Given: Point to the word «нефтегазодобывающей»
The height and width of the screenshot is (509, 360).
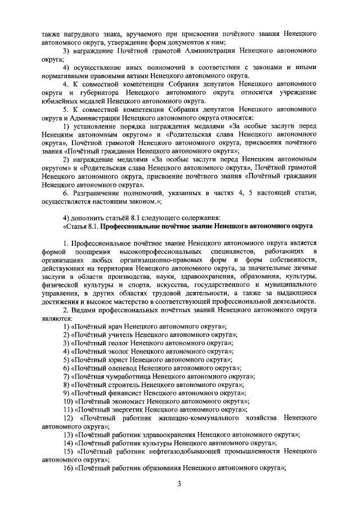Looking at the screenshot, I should click(x=188, y=452).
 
